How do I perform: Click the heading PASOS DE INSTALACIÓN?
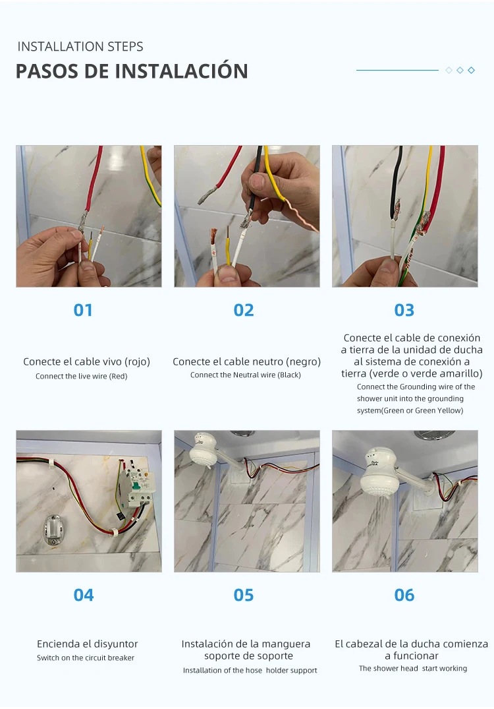tap(132, 71)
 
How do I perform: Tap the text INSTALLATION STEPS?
tap(80, 47)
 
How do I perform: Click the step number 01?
tap(83, 310)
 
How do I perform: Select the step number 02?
tap(244, 310)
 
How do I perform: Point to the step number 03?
tap(404, 310)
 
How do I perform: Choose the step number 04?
tap(84, 595)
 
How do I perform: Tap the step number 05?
tap(244, 595)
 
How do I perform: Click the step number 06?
tap(404, 595)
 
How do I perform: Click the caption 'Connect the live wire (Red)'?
tap(81, 376)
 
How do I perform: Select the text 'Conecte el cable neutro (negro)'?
tap(246, 361)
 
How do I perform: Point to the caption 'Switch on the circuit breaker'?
tap(86, 658)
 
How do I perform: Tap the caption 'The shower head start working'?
tap(413, 668)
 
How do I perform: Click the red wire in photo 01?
tap(93, 180)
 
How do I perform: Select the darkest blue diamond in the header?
tap(471, 70)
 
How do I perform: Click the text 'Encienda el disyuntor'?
tap(87, 644)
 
